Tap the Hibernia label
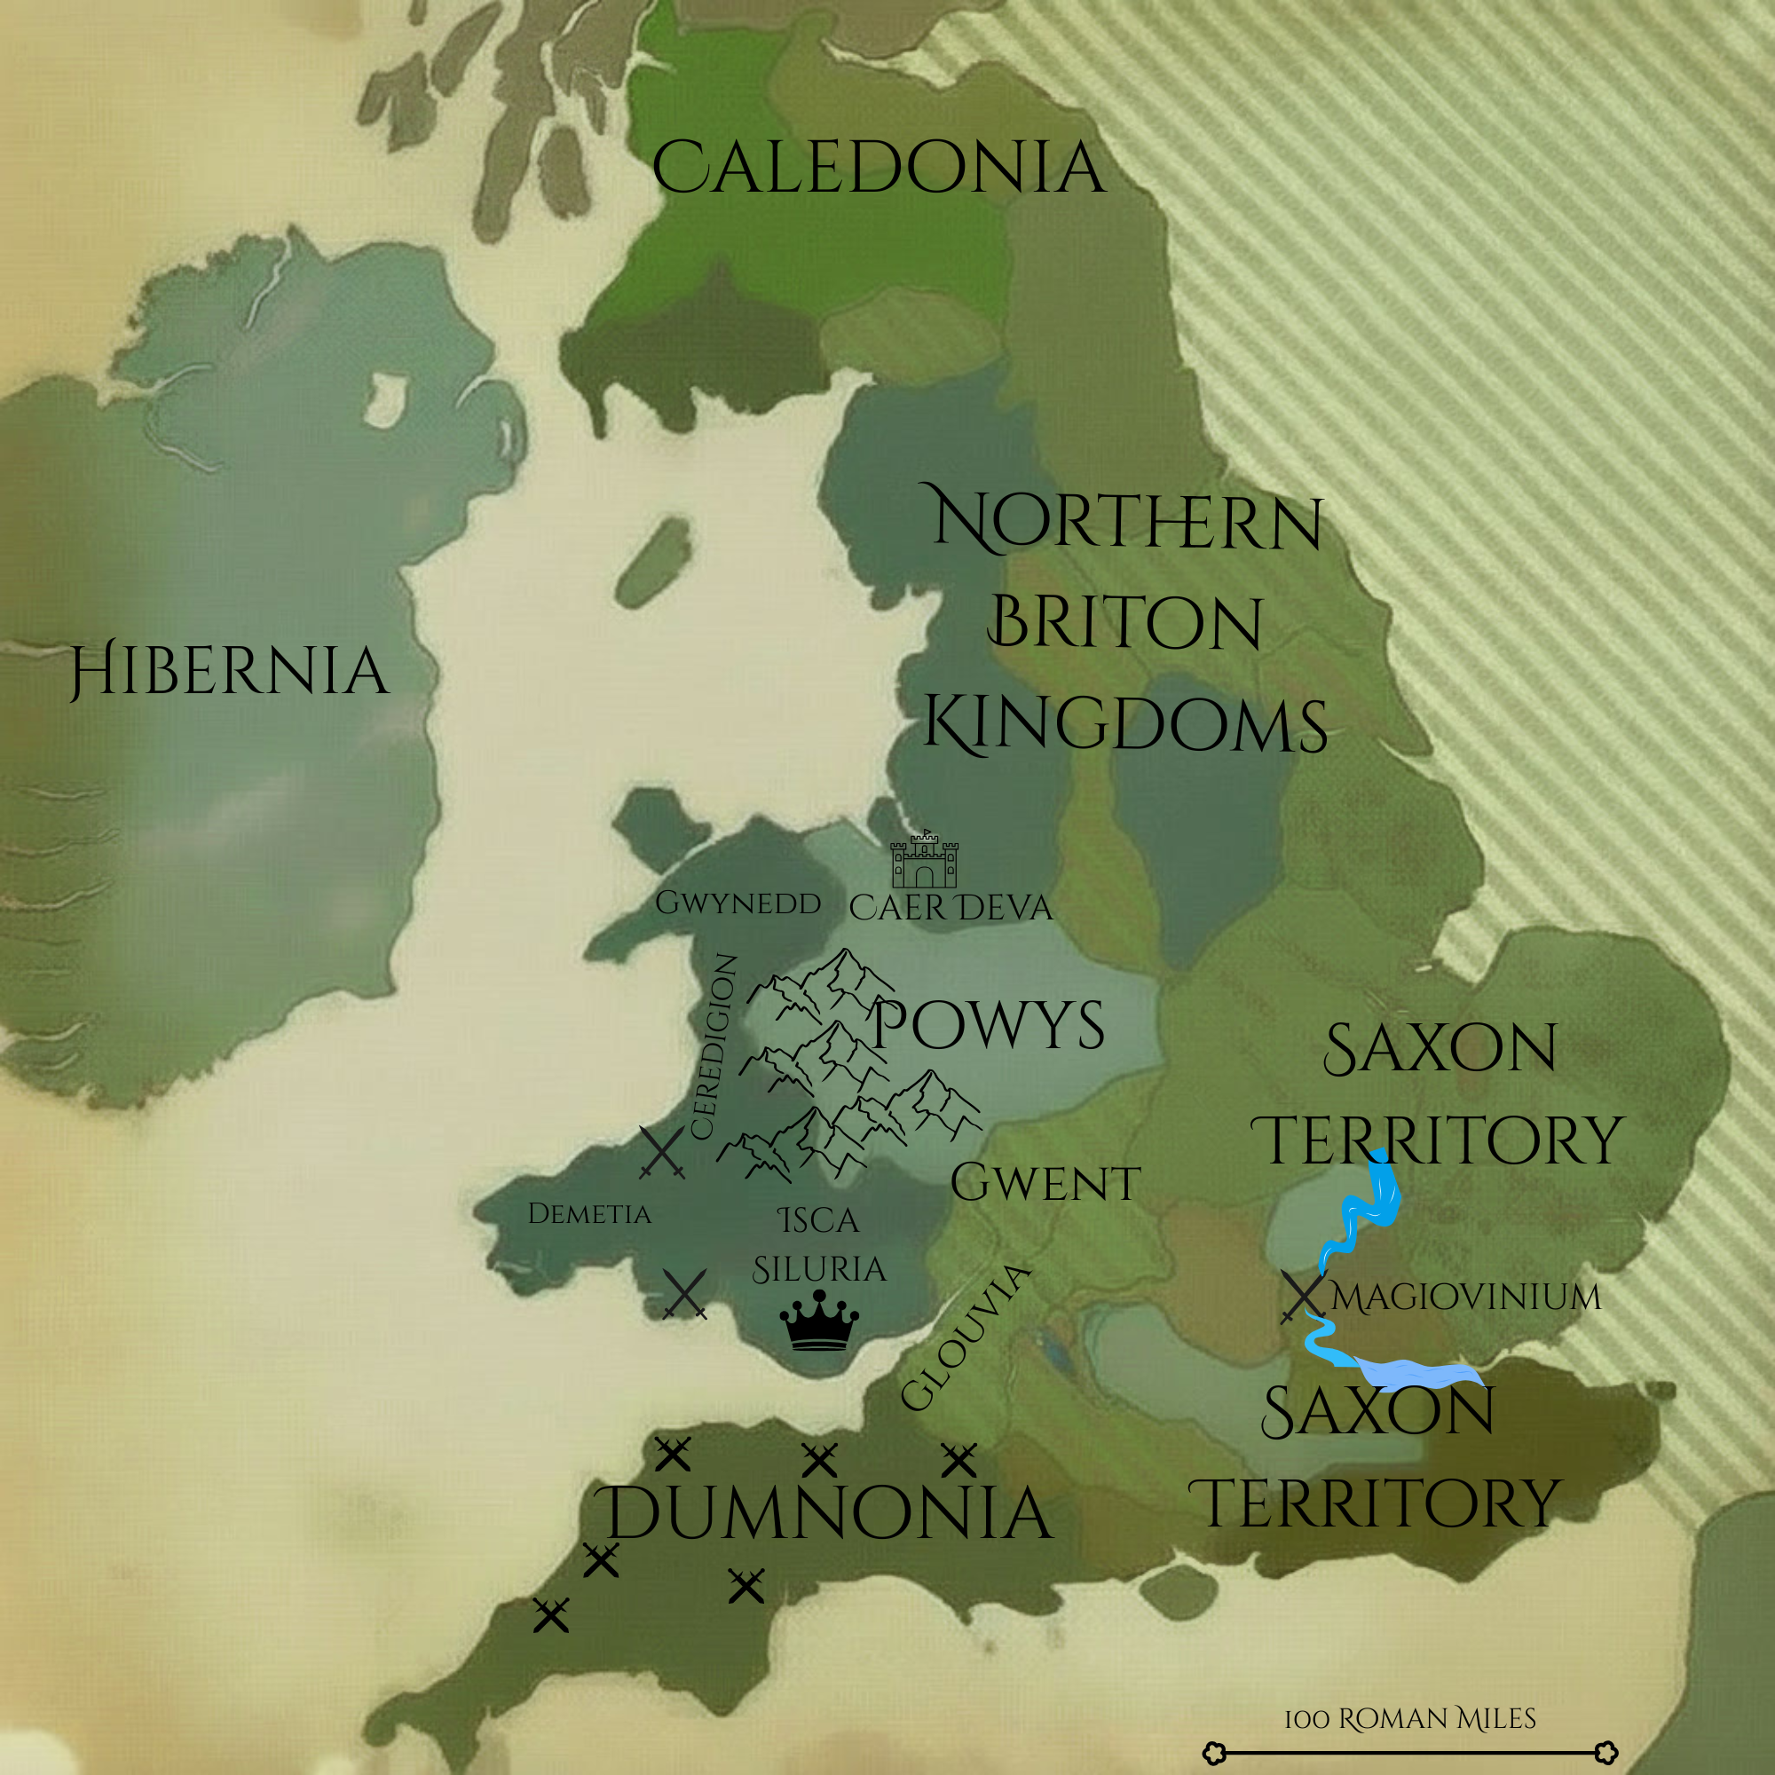pyautogui.click(x=230, y=670)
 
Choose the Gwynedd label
pyautogui.click(x=738, y=903)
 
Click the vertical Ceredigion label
pyautogui.click(x=714, y=1047)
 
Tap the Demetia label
pyautogui.click(x=589, y=1213)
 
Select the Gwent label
pyautogui.click(x=1045, y=1182)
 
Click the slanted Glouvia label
pyautogui.click(x=965, y=1337)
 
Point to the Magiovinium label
pyautogui.click(x=1466, y=1298)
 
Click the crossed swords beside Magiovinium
pyautogui.click(x=1303, y=1297)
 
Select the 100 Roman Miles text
pyautogui.click(x=1409, y=1718)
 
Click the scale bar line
pyautogui.click(x=1409, y=1752)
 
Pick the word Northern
pyautogui.click(x=1128, y=521)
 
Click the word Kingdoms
pyautogui.click(x=1124, y=724)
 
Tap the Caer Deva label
pyautogui.click(x=950, y=908)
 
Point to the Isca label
pyautogui.click(x=817, y=1221)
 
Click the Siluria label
pyautogui.click(x=818, y=1270)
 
